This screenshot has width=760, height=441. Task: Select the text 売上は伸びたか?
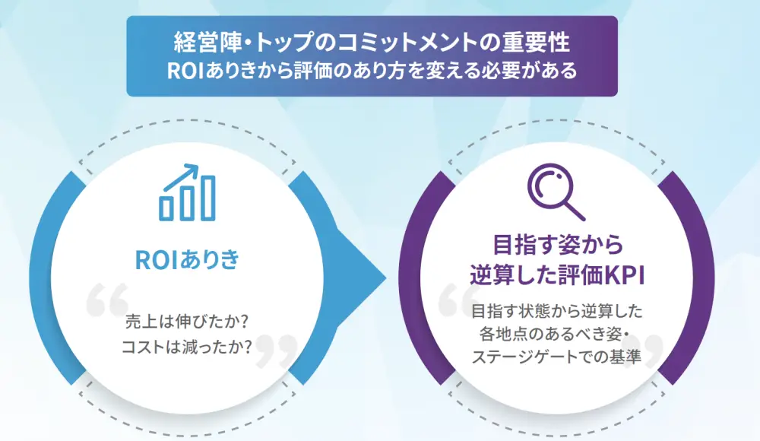187,322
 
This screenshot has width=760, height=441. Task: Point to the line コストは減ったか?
187,347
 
